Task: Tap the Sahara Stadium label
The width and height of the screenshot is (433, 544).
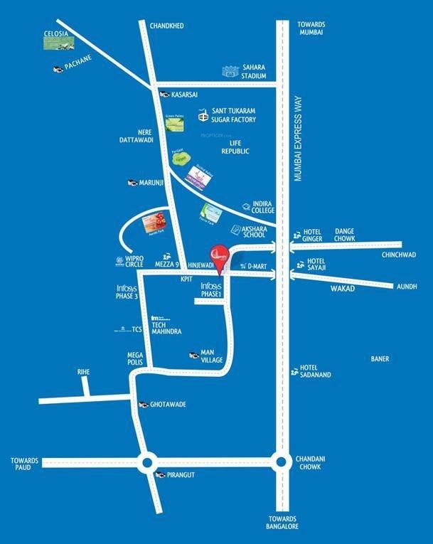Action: (x=254, y=72)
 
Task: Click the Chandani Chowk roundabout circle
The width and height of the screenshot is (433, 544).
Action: (x=283, y=462)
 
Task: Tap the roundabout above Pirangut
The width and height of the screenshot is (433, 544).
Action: (x=148, y=462)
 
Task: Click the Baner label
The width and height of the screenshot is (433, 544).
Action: (x=380, y=359)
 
